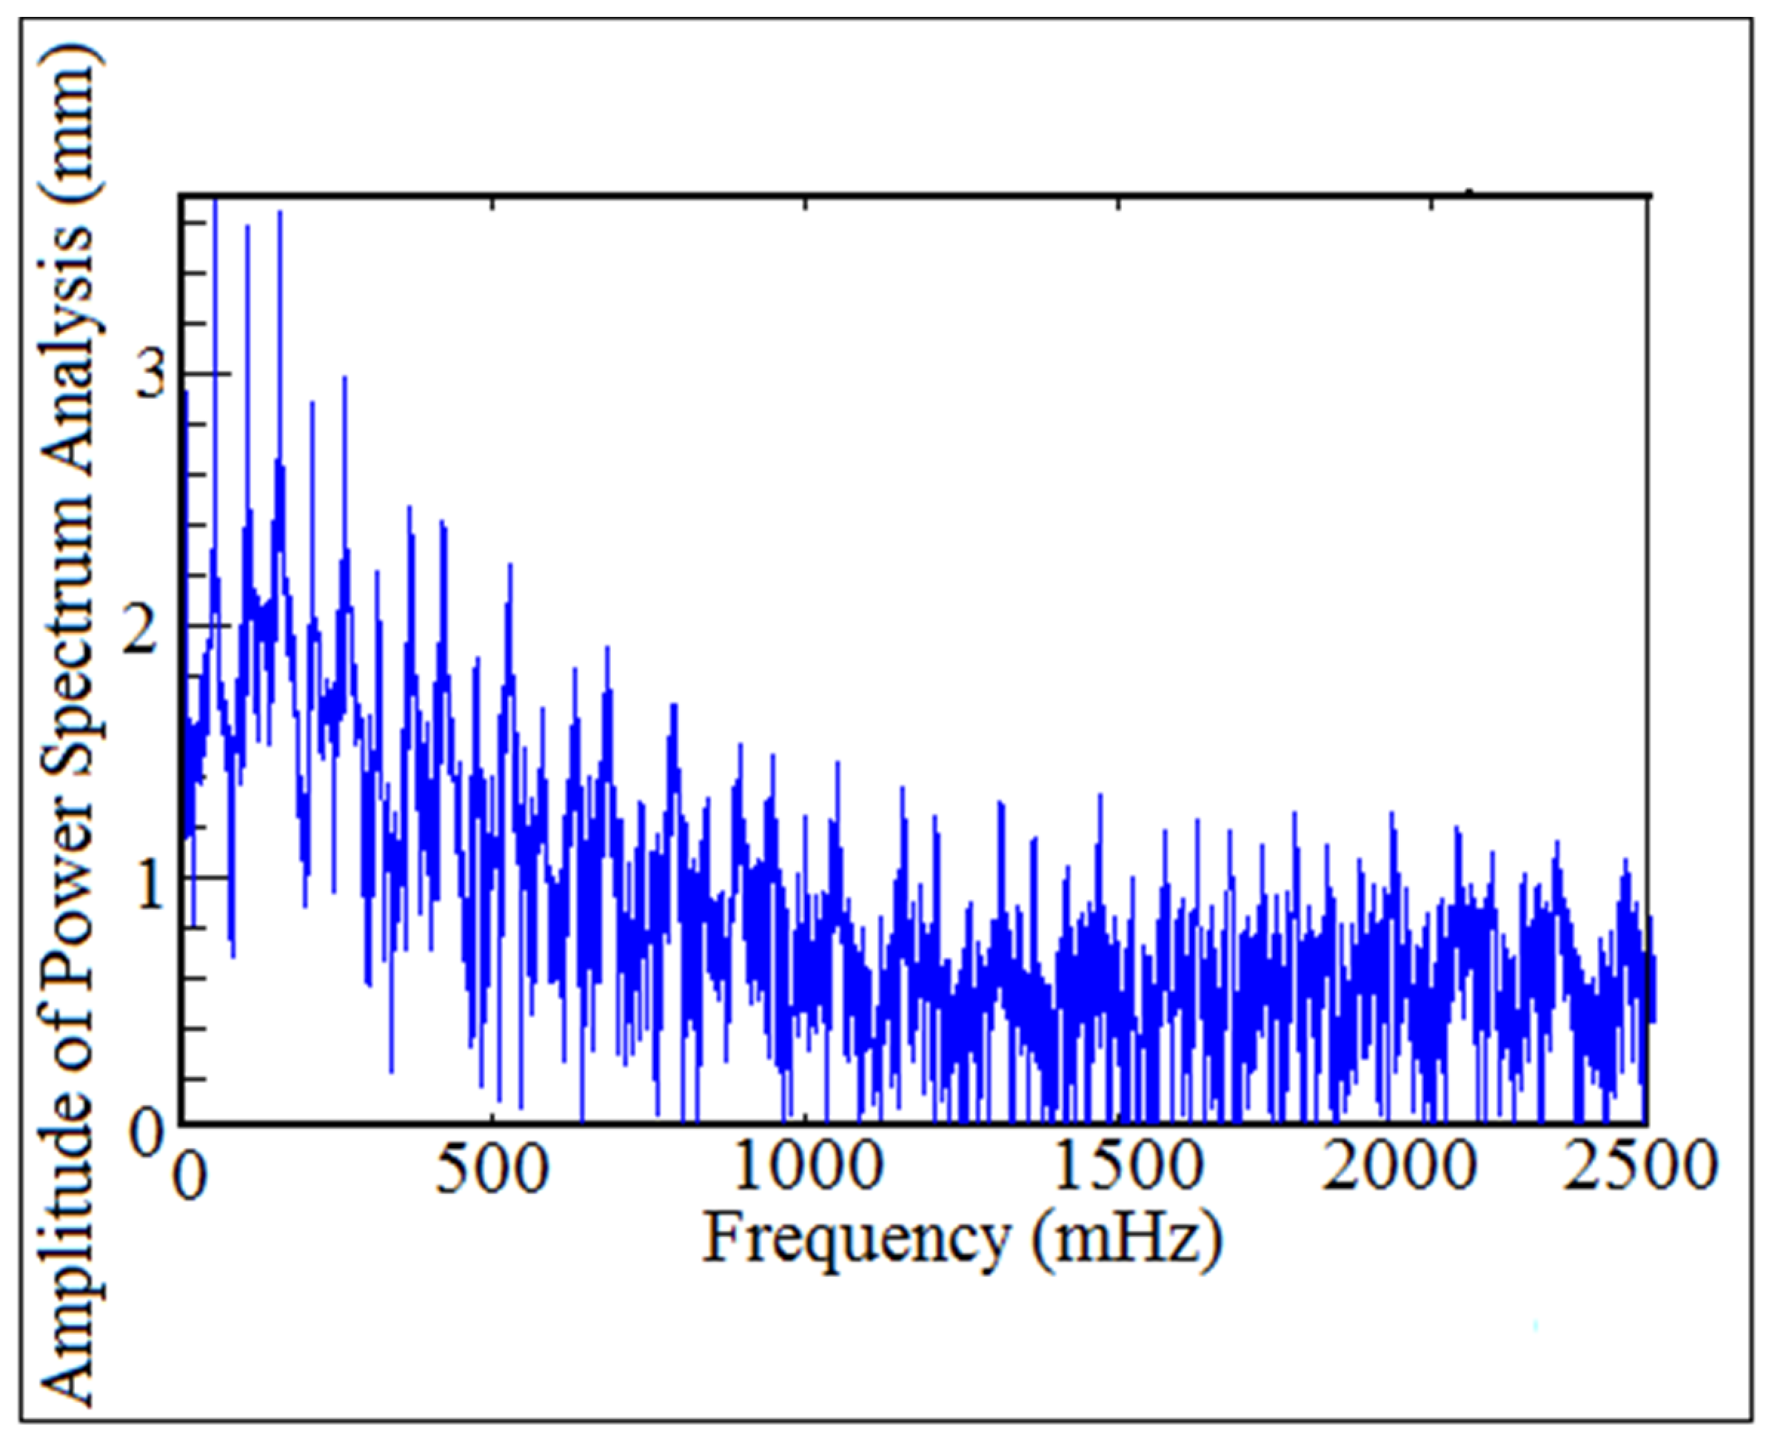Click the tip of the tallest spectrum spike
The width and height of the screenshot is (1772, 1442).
[215, 199]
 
